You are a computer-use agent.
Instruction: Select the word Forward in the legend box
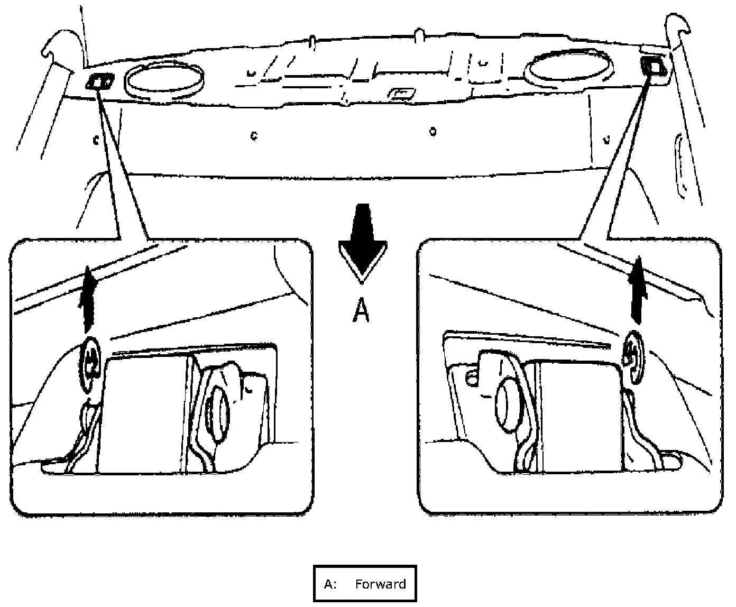380,584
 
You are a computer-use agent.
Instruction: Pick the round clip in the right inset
632,356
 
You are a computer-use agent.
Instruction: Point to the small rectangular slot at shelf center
400,94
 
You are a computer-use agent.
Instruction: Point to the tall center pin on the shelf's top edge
419,36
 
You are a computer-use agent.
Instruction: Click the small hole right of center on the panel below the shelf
433,131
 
